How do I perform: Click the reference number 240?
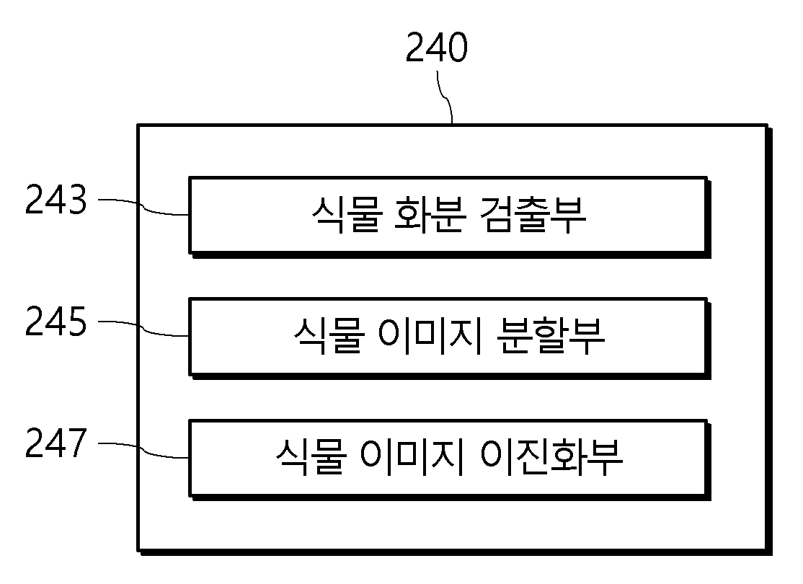[436, 47]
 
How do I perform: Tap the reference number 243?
[56, 199]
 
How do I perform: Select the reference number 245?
[56, 322]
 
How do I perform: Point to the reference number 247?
[56, 443]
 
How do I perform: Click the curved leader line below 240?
[445, 97]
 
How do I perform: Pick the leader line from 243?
[143, 208]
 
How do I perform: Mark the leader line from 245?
[143, 329]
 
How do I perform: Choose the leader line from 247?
[143, 451]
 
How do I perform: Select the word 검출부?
[533, 215]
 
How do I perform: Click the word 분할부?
[551, 336]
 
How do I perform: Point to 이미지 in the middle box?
[430, 336]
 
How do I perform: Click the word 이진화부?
[551, 457]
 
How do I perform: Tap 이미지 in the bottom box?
[412, 457]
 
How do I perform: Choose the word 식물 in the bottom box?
[311, 457]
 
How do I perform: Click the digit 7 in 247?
[77, 443]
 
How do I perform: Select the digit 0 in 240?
[458, 47]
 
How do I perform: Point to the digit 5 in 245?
[77, 322]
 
